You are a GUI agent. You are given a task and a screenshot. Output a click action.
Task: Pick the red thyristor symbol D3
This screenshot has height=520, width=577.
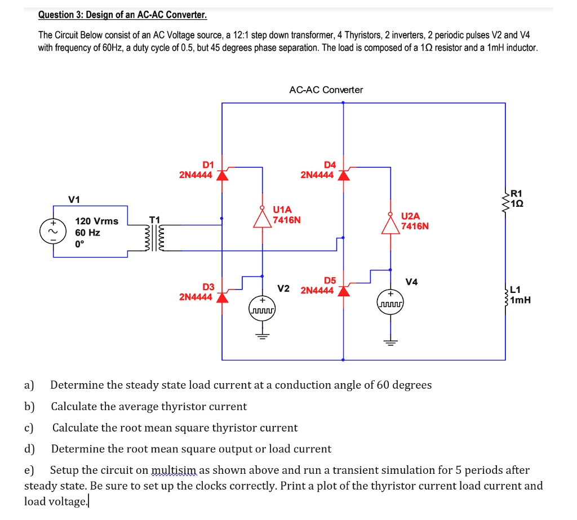223,296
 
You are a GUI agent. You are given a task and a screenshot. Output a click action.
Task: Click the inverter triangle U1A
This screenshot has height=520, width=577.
262,218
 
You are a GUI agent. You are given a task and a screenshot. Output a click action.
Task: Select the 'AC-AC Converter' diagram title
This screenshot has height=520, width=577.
326,90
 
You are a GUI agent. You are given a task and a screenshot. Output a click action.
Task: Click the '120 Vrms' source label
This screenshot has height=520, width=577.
97,221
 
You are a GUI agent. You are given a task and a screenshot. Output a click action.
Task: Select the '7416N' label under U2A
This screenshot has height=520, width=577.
415,226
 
